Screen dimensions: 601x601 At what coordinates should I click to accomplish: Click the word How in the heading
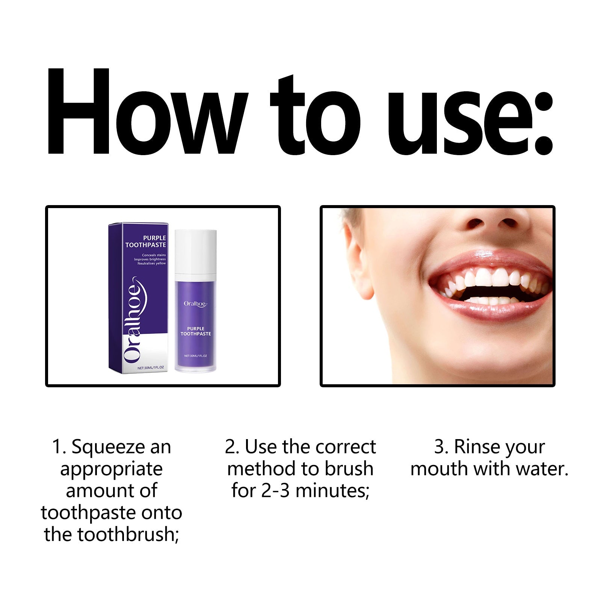146,113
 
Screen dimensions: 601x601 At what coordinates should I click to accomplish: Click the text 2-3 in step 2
275,491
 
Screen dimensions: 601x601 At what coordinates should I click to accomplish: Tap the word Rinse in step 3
474,447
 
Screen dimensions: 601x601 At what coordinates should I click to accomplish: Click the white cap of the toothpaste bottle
196,251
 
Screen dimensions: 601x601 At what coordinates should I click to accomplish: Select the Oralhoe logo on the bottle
195,304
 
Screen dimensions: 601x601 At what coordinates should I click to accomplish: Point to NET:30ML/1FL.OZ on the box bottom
151,368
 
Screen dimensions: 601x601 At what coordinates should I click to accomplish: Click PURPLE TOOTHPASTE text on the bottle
196,331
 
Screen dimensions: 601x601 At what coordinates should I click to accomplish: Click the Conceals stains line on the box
154,255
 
